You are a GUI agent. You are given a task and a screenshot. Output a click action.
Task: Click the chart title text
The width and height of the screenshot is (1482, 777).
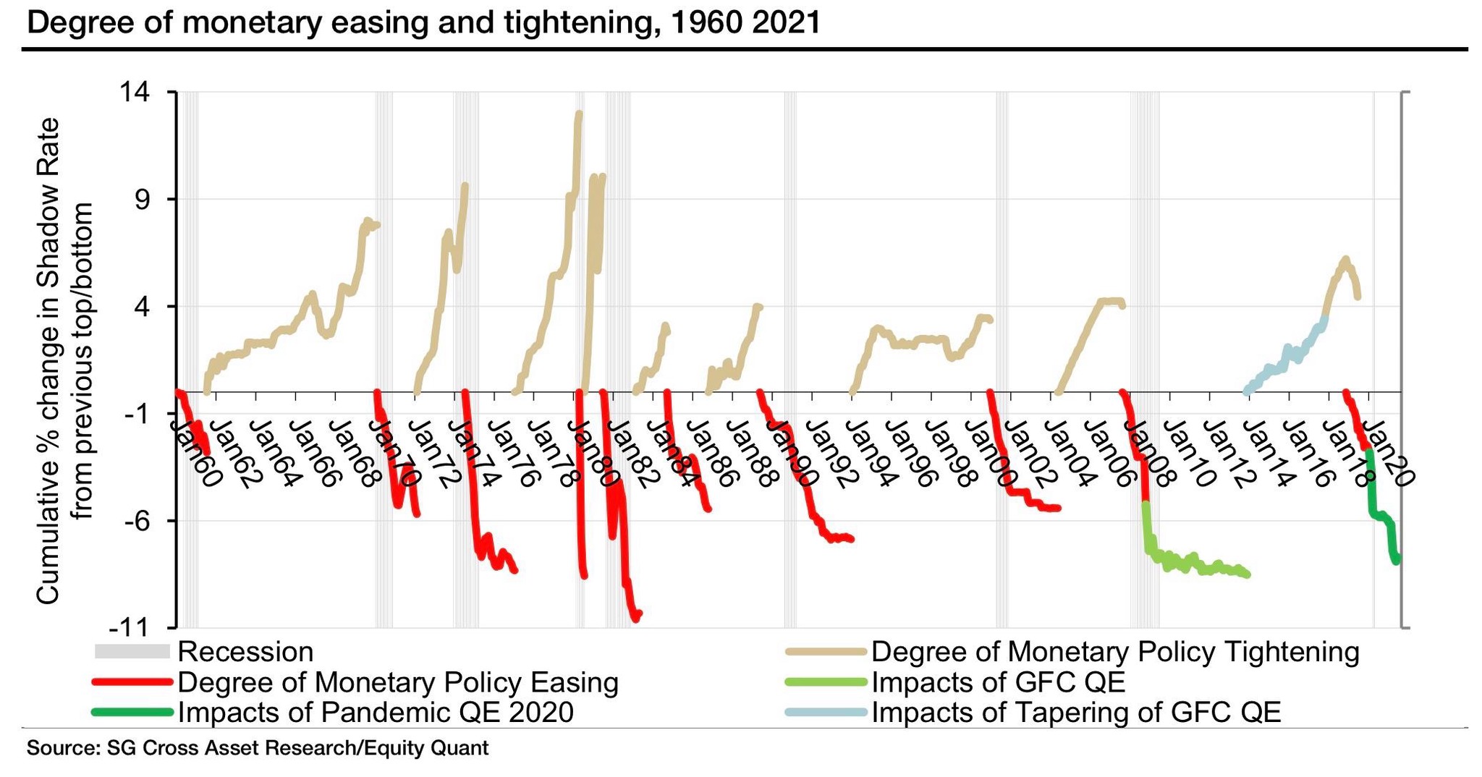(x=423, y=23)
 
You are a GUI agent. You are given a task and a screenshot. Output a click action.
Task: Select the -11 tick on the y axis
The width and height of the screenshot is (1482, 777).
(x=145, y=627)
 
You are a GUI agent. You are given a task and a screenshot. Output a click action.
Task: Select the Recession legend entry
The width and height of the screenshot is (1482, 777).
(x=245, y=652)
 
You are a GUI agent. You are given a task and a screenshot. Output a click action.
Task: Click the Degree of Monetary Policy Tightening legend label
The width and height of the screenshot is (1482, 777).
(x=1115, y=652)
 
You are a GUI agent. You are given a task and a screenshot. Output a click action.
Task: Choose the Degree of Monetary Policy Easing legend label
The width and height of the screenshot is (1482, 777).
(x=398, y=682)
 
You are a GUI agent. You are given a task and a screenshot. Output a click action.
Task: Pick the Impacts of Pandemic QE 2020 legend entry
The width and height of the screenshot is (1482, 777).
(x=376, y=713)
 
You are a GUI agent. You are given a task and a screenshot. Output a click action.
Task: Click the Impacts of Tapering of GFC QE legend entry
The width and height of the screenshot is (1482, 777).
(x=1076, y=713)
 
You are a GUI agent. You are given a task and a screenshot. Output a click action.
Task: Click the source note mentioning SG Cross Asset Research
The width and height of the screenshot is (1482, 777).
(x=258, y=748)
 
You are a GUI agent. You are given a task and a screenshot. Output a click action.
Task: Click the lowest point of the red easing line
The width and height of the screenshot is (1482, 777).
(x=636, y=619)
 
